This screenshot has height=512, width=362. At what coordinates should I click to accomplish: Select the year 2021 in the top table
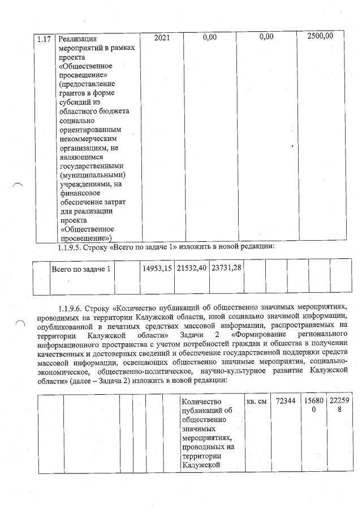point(161,37)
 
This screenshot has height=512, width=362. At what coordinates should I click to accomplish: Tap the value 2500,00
point(320,36)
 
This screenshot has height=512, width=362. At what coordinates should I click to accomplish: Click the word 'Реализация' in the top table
point(79,39)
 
